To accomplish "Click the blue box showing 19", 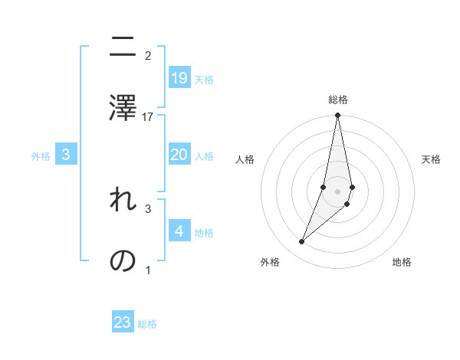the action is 179,77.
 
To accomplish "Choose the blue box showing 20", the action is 179,155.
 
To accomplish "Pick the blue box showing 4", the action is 179,231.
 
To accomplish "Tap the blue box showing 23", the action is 123,322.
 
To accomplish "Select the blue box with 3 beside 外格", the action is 66,155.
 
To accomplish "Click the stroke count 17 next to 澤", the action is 148,116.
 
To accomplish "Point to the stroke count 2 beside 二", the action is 148,55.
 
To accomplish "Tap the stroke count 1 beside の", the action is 148,270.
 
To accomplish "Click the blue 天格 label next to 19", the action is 204,80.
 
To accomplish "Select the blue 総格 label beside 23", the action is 147,324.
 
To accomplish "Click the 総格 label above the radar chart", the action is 337,100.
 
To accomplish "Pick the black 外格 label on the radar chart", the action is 270,263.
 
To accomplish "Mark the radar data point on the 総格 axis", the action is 337,116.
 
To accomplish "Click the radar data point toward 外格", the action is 301,242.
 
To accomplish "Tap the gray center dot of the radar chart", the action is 337,191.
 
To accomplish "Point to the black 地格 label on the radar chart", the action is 402,263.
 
